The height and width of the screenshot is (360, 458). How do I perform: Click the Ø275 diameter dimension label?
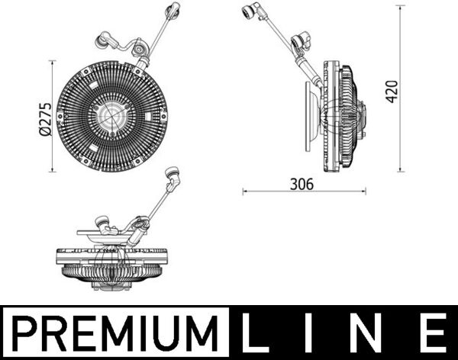click(x=44, y=119)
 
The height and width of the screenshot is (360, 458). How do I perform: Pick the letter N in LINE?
click(x=376, y=333)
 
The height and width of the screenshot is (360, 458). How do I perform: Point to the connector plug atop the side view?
click(x=249, y=12)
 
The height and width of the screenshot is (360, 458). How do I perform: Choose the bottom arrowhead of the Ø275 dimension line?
click(x=52, y=171)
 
